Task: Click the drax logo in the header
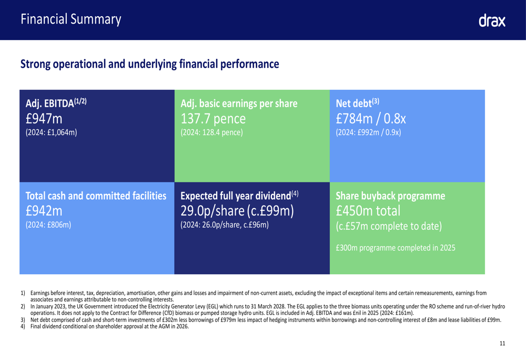click(492, 21)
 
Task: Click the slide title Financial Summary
click(71, 20)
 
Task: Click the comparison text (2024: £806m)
click(48, 225)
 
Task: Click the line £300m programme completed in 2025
click(395, 248)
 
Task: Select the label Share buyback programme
click(390, 196)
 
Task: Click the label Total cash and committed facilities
click(96, 196)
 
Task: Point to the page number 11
click(502, 343)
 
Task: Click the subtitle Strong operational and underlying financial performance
click(149, 65)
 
